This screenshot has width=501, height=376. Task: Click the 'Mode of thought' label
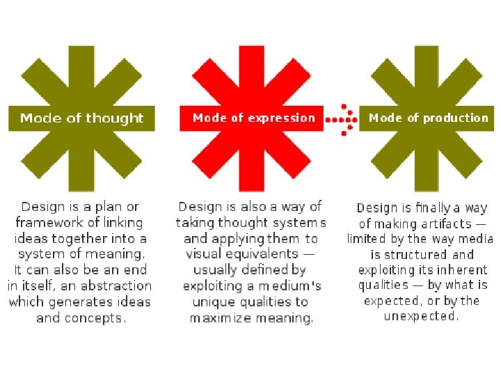click(x=81, y=118)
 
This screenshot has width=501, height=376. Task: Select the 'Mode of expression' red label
click(x=253, y=118)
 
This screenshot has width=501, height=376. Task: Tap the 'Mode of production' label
click(x=428, y=118)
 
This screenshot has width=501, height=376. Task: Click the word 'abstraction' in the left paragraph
click(x=116, y=286)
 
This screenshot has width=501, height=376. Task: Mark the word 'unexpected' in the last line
click(x=421, y=316)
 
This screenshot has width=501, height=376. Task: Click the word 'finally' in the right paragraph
click(x=436, y=207)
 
